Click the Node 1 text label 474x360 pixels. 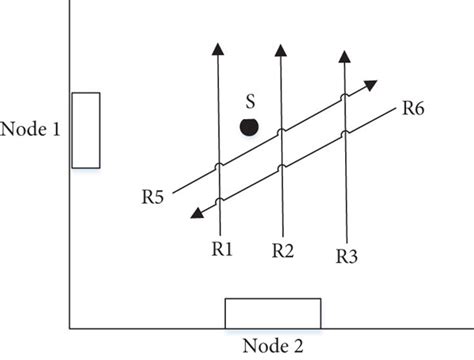34,129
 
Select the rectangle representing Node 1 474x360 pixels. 86,130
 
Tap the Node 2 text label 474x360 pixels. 272,345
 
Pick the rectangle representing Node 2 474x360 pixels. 272,313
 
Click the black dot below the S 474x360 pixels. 249,126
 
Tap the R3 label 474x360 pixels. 346,256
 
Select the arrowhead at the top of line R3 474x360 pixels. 344,54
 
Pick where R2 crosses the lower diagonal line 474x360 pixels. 281,167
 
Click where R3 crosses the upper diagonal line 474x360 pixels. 344,98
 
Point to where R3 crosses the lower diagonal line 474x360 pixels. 344,134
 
